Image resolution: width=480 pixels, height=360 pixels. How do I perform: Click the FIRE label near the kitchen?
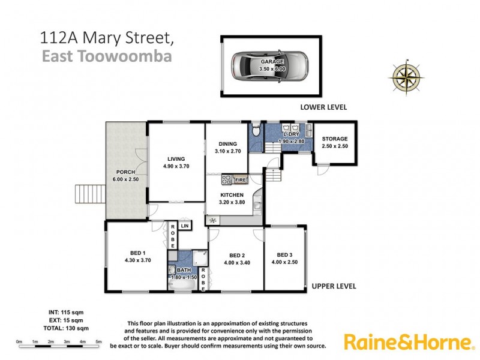[241, 179]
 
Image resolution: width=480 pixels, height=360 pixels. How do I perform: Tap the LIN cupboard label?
[184, 226]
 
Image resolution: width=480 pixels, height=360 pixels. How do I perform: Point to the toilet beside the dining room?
[256, 129]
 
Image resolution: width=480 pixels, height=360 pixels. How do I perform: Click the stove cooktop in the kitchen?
[227, 179]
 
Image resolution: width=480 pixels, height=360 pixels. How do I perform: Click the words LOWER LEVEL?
[323, 107]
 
